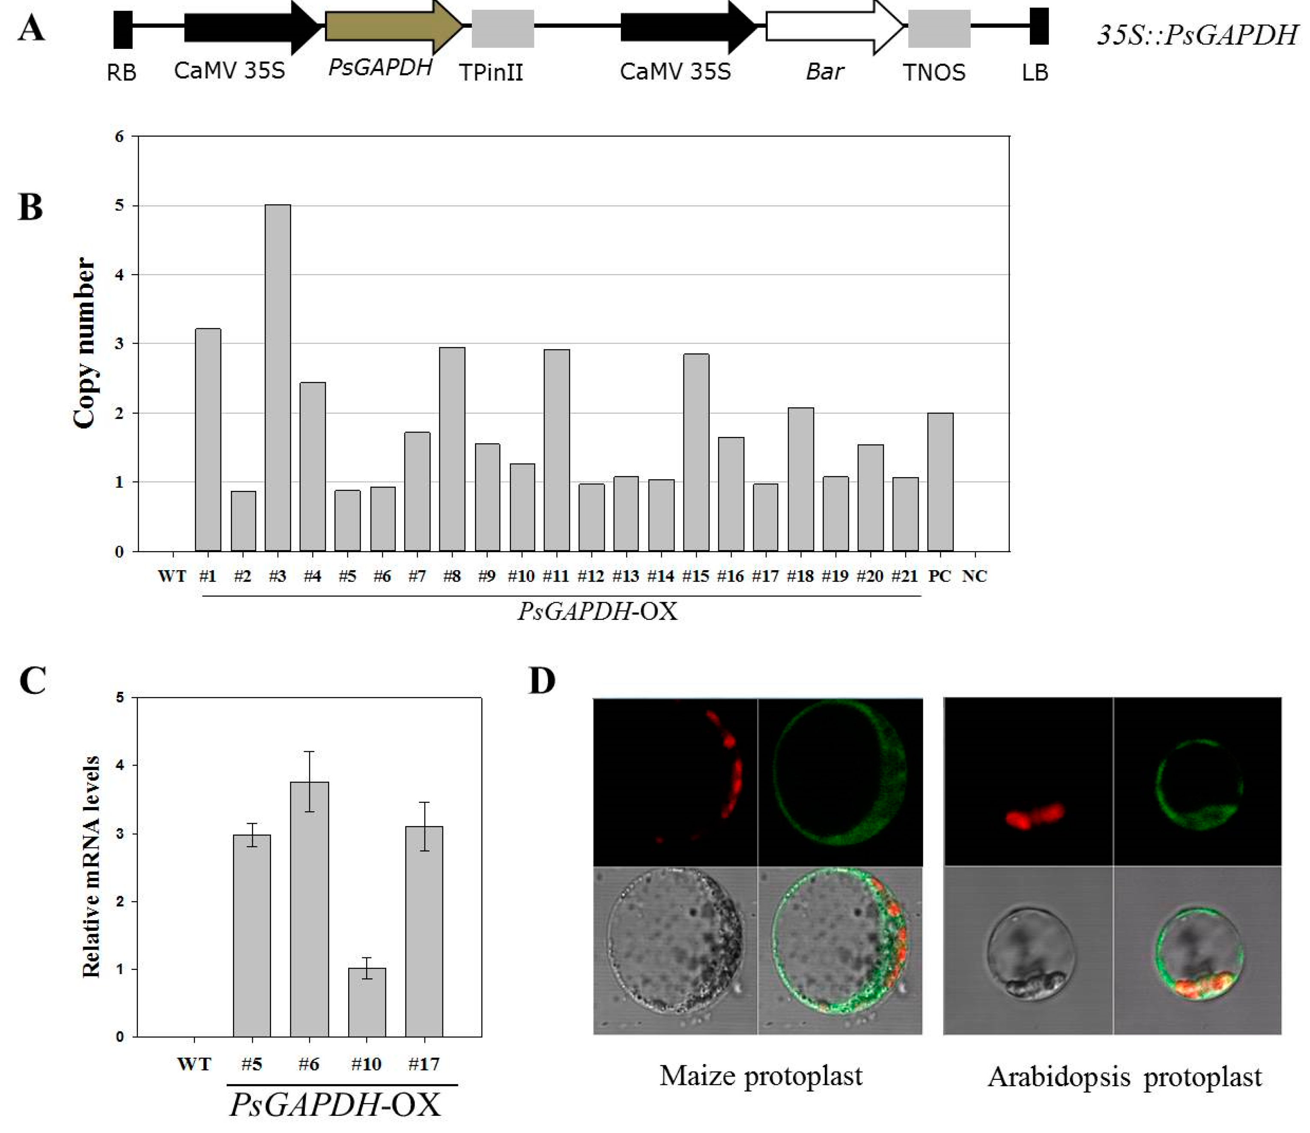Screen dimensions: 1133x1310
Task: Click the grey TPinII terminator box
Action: pyautogui.click(x=503, y=28)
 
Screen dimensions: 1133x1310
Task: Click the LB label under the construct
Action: pyautogui.click(x=1035, y=73)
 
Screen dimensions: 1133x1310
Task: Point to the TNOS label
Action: pyautogui.click(x=934, y=73)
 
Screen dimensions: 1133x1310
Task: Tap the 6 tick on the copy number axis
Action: pyautogui.click(x=119, y=137)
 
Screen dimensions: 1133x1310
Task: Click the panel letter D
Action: pyautogui.click(x=542, y=682)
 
